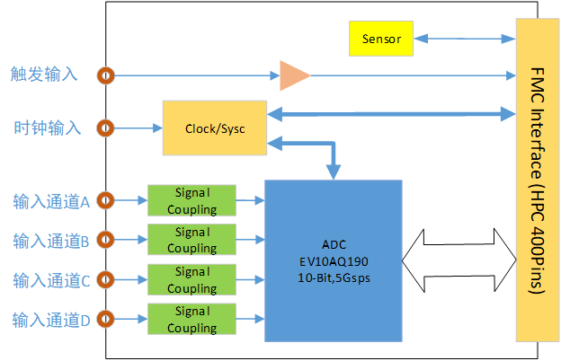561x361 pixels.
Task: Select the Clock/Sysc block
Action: pyautogui.click(x=215, y=128)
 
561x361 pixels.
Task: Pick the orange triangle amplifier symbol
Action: pyautogui.click(x=293, y=75)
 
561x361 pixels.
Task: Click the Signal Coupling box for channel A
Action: pyautogui.click(x=191, y=200)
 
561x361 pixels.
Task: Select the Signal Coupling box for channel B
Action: pyautogui.click(x=191, y=240)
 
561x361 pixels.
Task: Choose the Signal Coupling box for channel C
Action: pyautogui.click(x=191, y=279)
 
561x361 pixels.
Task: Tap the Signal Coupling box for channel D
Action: pyautogui.click(x=191, y=319)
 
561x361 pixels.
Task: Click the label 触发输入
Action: pyautogui.click(x=45, y=75)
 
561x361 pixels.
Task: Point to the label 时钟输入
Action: pyautogui.click(x=45, y=128)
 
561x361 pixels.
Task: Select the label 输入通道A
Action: pyautogui.click(x=51, y=201)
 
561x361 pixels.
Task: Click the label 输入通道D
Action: pyautogui.click(x=51, y=319)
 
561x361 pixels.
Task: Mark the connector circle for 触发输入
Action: pyautogui.click(x=107, y=75)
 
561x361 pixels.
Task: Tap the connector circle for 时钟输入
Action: pyautogui.click(x=107, y=128)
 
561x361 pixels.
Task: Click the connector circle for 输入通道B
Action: pyautogui.click(x=107, y=240)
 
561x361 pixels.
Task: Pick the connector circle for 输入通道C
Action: pyautogui.click(x=107, y=279)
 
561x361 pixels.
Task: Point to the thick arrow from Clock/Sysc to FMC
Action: pyautogui.click(x=392, y=114)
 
